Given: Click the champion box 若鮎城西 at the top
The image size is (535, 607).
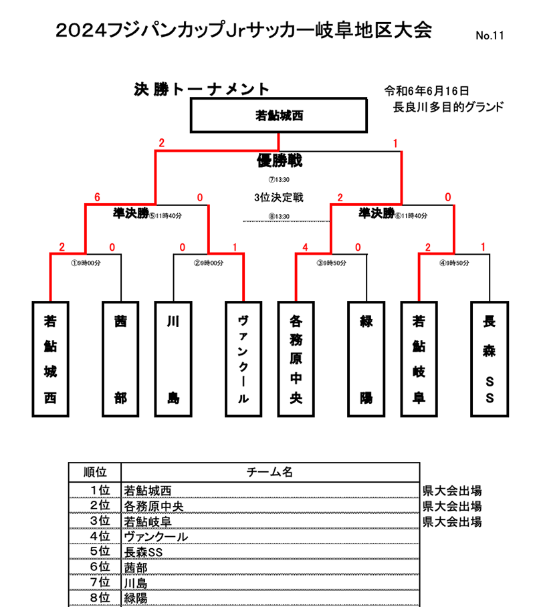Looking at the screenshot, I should (279, 115).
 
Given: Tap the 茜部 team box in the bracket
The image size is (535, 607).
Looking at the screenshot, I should (120, 358).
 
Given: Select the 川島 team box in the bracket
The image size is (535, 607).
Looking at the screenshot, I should (173, 358).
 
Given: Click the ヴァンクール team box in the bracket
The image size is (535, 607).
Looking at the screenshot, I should (244, 358).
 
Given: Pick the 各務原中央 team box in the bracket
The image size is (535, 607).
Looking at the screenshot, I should (296, 358).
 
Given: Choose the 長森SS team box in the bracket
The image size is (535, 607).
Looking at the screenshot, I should (490, 358).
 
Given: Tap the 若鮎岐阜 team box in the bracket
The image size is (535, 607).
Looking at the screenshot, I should (419, 358).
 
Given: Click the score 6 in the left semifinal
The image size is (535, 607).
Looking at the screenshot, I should (98, 197).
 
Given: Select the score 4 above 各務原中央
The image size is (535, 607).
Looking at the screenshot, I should (305, 247).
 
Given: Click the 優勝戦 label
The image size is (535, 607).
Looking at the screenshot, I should (279, 160).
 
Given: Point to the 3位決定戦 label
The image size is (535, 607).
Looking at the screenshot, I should (279, 197).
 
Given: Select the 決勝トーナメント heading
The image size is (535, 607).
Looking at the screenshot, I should (201, 89).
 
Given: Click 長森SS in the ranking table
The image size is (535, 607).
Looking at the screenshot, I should (143, 552).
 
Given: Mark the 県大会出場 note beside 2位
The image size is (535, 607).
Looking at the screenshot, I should (452, 505).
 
